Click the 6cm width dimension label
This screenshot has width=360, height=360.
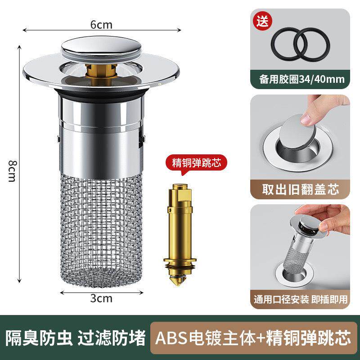(x=101, y=25)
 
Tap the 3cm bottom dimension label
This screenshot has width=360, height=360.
(x=101, y=297)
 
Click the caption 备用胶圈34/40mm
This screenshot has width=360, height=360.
(x=300, y=80)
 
